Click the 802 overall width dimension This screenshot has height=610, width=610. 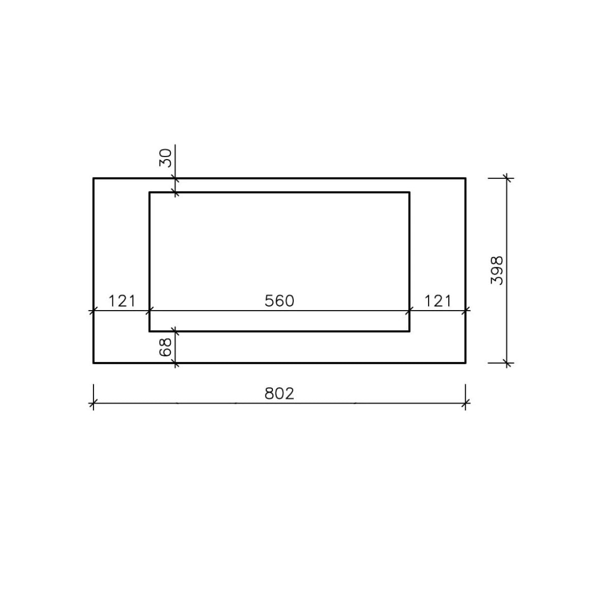[279, 394]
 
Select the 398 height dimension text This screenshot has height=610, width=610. [497, 270]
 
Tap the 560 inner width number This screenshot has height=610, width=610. [279, 301]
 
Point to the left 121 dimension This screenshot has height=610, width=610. [122, 301]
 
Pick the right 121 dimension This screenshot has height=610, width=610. [438, 301]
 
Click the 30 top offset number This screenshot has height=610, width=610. [165, 158]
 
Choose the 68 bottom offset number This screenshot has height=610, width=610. [165, 347]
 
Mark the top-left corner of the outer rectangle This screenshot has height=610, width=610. [94, 178]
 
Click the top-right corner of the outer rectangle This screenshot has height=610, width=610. [465, 178]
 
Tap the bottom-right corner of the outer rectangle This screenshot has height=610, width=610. [465, 363]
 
